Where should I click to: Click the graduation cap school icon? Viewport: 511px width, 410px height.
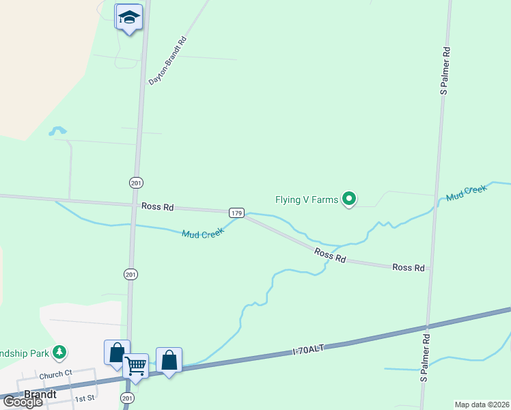(128, 17)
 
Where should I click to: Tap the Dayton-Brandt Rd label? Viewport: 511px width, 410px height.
(167, 61)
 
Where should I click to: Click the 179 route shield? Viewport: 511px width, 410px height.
(236, 213)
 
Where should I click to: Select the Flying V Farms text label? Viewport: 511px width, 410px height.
(307, 200)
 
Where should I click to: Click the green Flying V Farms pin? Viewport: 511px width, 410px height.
(350, 200)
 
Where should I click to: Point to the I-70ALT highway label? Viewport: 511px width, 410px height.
(307, 351)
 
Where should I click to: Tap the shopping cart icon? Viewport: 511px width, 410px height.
(136, 366)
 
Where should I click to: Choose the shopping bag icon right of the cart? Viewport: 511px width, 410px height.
(169, 359)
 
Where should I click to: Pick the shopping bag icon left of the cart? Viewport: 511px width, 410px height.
(116, 352)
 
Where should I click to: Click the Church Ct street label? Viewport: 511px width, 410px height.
(55, 374)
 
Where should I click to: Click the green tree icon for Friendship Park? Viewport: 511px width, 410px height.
(60, 353)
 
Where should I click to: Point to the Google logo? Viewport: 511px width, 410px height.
(23, 402)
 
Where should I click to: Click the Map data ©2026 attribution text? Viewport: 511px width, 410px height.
(482, 405)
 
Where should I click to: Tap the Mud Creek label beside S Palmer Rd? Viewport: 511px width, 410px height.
(466, 193)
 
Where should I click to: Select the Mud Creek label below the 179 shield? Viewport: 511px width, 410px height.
(202, 233)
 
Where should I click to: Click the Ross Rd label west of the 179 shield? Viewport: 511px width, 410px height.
(158, 206)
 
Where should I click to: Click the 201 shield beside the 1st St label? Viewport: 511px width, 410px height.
(126, 398)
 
